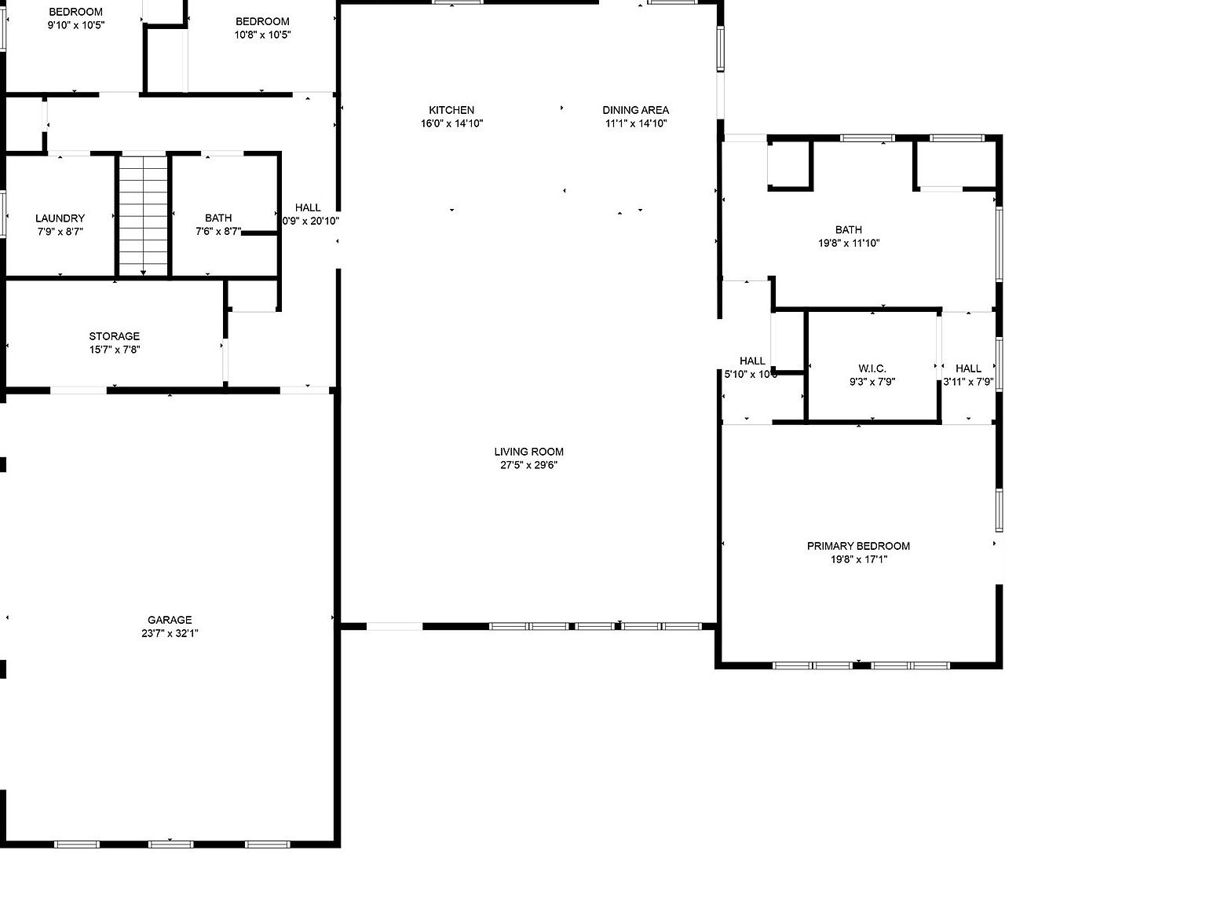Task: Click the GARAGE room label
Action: pos(170,620)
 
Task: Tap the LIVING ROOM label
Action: pos(528,452)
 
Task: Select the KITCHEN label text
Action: pos(451,110)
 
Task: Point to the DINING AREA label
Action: pos(635,110)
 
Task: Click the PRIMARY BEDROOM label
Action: pos(858,546)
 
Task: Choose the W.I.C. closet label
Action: pos(872,368)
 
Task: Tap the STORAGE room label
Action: pos(114,336)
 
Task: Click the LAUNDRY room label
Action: pos(60,218)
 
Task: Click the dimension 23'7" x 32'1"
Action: pos(170,633)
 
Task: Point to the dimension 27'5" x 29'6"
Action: pos(528,465)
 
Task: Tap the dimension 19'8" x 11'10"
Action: pos(848,244)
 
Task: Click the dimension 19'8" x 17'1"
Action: pos(858,559)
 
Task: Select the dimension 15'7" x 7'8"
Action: pos(114,350)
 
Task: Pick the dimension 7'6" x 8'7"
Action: pos(218,232)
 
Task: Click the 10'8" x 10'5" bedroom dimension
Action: pos(262,35)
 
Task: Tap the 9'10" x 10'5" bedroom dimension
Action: pos(75,25)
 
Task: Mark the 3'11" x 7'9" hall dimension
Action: pos(968,382)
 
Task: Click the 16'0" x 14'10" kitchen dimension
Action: pos(451,123)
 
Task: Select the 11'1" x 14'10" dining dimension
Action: pos(635,123)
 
